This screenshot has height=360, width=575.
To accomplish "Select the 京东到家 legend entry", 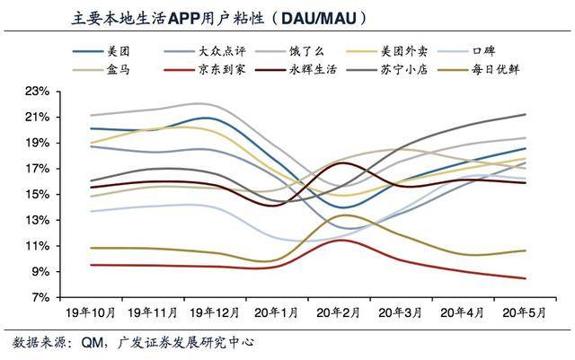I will pos(224,68).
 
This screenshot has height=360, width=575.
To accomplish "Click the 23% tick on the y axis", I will pos(37,92).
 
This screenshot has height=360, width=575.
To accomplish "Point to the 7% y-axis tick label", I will pos(40,297).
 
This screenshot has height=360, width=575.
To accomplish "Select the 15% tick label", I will pos(37,195).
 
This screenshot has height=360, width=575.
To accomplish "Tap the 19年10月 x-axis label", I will pos(91,313).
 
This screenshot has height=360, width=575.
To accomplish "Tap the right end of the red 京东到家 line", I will pos(551,278).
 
